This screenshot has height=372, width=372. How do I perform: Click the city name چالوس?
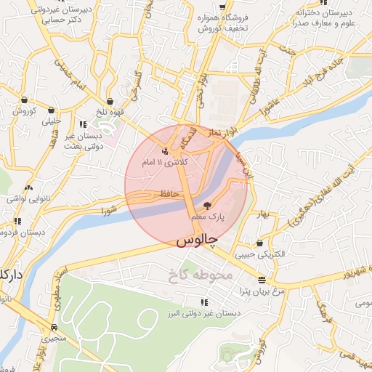pyautogui.click(x=195, y=240)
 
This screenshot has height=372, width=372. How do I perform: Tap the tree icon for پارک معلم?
pyautogui.click(x=208, y=206)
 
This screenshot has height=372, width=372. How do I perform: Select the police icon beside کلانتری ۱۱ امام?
pyautogui.click(x=166, y=151)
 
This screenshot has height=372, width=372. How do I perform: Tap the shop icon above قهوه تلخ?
pyautogui.click(x=110, y=101)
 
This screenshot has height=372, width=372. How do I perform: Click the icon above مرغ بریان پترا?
pyautogui.click(x=261, y=280)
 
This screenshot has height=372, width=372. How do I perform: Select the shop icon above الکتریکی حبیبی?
pyautogui.click(x=259, y=243)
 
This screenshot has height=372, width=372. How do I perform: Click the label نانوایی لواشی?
pyautogui.click(x=28, y=198)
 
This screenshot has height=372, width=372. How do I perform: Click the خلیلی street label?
pyautogui.click(x=52, y=122)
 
